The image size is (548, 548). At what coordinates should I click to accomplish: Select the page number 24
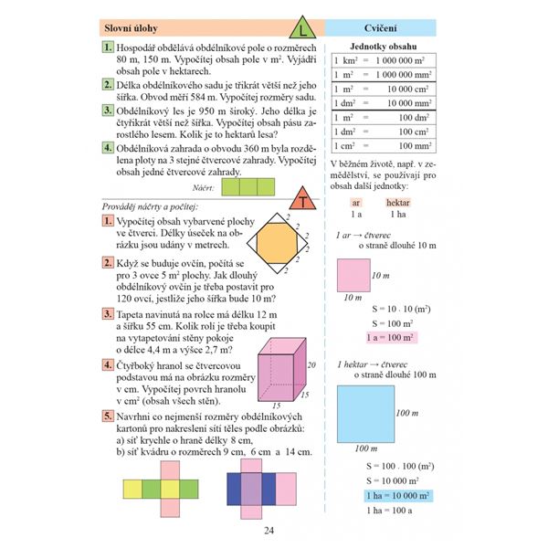coord(269,532)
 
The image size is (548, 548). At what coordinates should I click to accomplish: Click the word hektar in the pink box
coord(397,202)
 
